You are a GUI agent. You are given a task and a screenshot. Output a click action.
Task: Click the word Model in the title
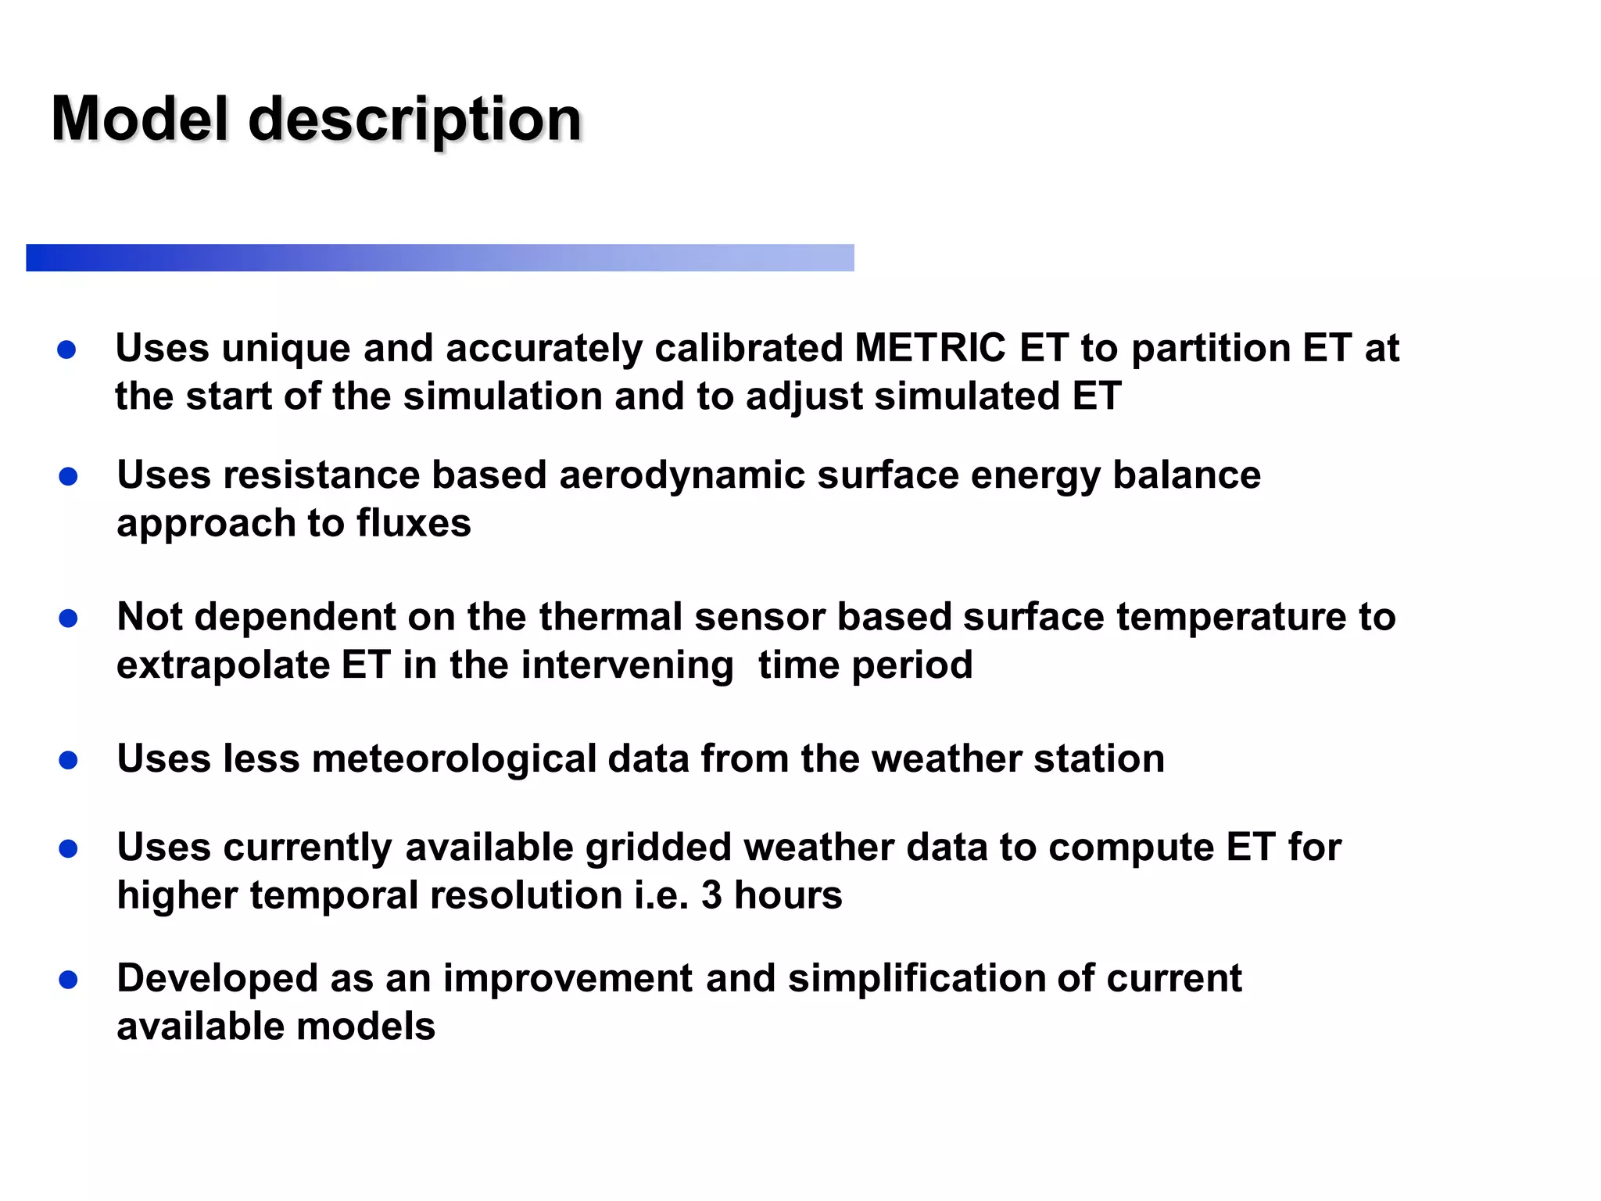pyautogui.click(x=140, y=119)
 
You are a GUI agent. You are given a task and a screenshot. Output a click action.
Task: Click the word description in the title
pyautogui.click(x=415, y=120)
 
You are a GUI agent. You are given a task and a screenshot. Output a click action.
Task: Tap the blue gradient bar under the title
pyautogui.click(x=439, y=257)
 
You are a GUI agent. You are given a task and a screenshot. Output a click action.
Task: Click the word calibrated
pyautogui.click(x=748, y=348)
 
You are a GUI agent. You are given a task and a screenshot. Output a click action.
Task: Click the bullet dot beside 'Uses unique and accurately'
pyautogui.click(x=67, y=350)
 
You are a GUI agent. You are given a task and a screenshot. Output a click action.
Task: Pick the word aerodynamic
pyautogui.click(x=682, y=476)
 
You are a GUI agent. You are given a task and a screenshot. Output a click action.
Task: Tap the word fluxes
pyautogui.click(x=414, y=523)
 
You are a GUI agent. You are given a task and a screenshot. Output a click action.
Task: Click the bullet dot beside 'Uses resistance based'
pyautogui.click(x=68, y=476)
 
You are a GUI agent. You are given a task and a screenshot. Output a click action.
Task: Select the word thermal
pyautogui.click(x=611, y=617)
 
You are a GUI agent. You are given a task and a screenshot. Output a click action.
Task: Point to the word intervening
pyautogui.click(x=627, y=665)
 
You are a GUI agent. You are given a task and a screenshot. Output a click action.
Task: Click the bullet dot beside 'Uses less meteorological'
pyautogui.click(x=68, y=759)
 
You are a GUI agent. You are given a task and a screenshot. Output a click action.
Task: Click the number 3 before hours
pyautogui.click(x=711, y=895)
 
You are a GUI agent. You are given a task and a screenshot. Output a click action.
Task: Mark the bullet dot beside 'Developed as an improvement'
pyautogui.click(x=68, y=980)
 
